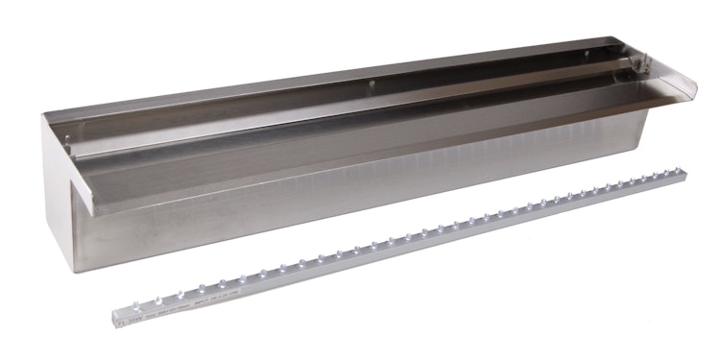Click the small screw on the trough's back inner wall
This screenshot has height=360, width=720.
pyautogui.click(x=372, y=84)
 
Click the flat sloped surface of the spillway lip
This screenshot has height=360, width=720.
pyautogui.click(x=384, y=134)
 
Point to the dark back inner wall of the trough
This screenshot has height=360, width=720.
pyautogui.click(x=288, y=96)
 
